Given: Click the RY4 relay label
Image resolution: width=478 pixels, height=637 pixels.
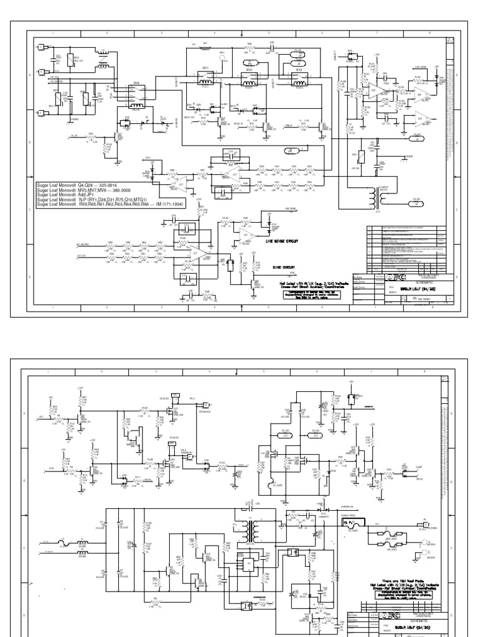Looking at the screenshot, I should [x=136, y=82].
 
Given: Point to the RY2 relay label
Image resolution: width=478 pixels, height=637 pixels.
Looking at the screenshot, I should [x=299, y=71].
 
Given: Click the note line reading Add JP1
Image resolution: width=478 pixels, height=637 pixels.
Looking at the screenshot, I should [x=69, y=194].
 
